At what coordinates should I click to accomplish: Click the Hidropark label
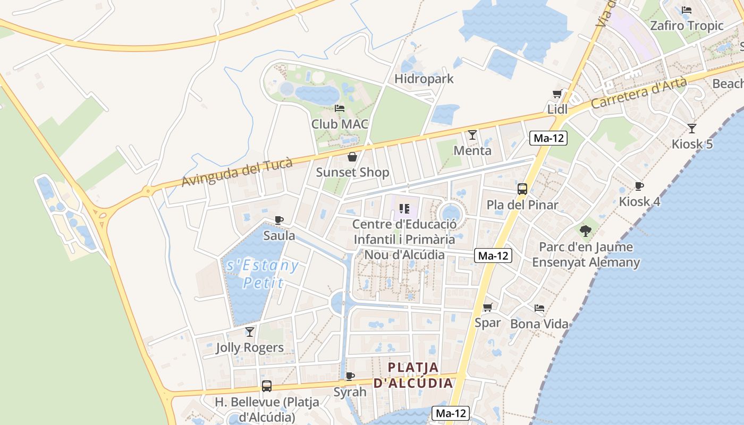(x=424, y=79)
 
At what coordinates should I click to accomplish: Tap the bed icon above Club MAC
(x=340, y=108)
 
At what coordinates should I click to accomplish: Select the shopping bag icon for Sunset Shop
(x=352, y=157)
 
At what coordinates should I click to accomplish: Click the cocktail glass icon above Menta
(x=472, y=135)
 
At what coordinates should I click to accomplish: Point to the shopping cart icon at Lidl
(x=557, y=94)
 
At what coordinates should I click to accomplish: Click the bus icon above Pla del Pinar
(x=522, y=189)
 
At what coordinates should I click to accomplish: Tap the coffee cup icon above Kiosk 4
(x=639, y=186)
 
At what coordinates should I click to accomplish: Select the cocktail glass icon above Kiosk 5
(x=691, y=128)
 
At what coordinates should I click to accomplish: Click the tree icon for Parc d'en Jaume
(x=586, y=231)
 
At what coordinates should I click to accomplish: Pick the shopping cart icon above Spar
(x=487, y=307)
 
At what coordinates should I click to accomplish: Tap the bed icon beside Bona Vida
(x=539, y=308)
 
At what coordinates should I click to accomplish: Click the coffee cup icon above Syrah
(x=350, y=376)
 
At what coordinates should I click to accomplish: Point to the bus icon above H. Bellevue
(x=267, y=386)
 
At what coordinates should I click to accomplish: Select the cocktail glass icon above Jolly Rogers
(x=249, y=332)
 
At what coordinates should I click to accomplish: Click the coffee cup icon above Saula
(x=279, y=220)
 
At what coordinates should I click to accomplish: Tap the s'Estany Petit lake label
(x=263, y=274)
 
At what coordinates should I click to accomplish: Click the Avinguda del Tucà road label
(x=237, y=172)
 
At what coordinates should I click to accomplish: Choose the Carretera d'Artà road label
(x=638, y=93)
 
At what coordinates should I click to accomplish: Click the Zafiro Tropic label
(x=687, y=25)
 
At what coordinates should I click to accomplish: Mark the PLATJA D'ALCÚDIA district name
(x=413, y=375)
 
